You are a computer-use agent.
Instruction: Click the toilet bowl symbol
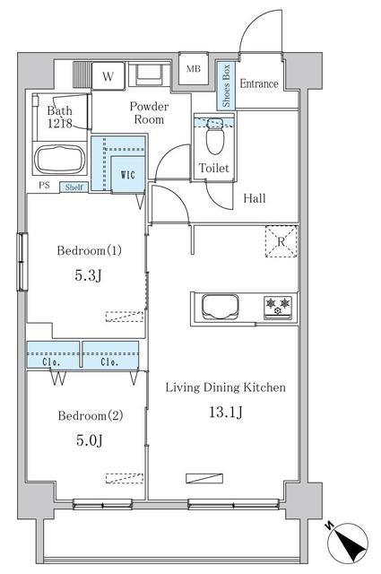(x=214, y=136)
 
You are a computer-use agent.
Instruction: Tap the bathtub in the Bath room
(x=60, y=160)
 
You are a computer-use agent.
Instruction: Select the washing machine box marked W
(x=108, y=76)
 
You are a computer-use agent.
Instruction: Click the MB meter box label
(x=194, y=69)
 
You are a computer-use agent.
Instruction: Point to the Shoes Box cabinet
(x=226, y=86)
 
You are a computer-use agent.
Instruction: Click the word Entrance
(x=259, y=83)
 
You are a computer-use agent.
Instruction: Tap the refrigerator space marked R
(x=281, y=241)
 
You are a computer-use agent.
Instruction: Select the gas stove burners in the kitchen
(x=278, y=307)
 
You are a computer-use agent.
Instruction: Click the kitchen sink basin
(x=221, y=307)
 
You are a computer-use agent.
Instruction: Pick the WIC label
(x=127, y=175)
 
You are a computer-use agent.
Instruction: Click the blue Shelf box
(x=74, y=187)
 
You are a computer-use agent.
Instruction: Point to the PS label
(x=44, y=186)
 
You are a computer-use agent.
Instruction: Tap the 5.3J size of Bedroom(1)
(x=88, y=275)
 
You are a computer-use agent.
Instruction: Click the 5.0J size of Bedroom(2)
(x=90, y=440)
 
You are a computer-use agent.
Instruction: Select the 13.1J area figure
(x=225, y=413)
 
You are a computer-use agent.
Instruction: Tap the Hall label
(x=255, y=198)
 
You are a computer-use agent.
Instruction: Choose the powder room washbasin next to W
(x=149, y=74)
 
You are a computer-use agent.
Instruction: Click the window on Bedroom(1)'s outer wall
(x=22, y=262)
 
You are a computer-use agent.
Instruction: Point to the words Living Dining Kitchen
(x=225, y=387)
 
